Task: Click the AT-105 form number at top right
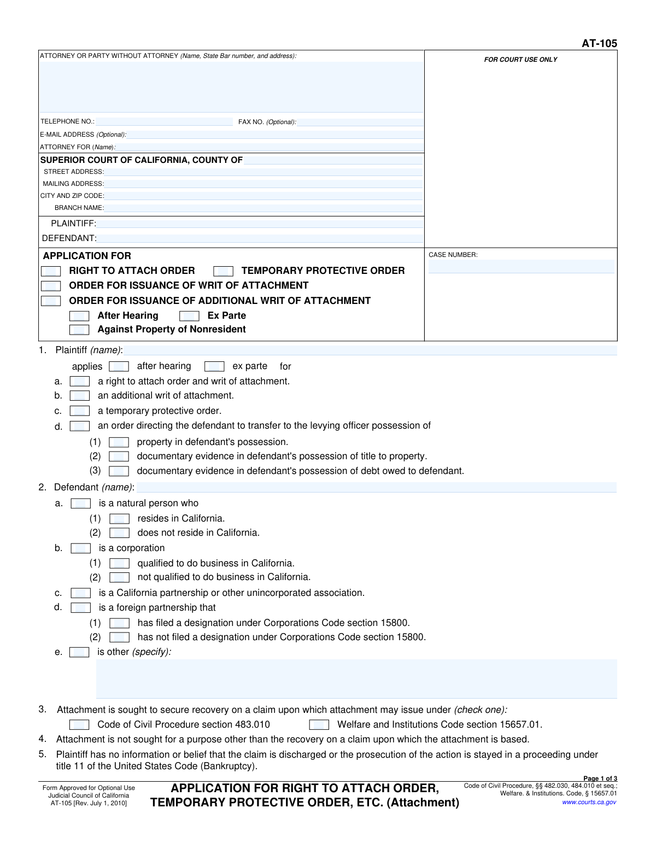click(x=599, y=43)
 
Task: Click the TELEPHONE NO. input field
click(x=164, y=121)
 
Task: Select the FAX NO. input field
click(x=360, y=122)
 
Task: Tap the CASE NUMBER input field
click(x=521, y=266)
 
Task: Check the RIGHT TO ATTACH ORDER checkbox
click(x=51, y=271)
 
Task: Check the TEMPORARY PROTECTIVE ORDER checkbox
click(x=223, y=271)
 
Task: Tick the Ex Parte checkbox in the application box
click(x=189, y=316)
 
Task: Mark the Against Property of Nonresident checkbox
click(x=79, y=330)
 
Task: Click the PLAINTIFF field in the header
click(x=260, y=223)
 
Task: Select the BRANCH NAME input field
click(x=263, y=208)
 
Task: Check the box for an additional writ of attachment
click(x=80, y=396)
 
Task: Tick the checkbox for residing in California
click(x=119, y=519)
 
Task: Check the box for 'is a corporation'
click(x=81, y=548)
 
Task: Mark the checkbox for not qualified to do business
click(x=119, y=577)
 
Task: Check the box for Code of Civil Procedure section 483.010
click(x=79, y=725)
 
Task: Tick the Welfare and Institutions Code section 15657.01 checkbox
click(x=319, y=725)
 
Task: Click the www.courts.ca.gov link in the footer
click(x=589, y=802)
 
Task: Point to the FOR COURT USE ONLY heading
click(x=520, y=60)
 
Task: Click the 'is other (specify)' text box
click(x=356, y=678)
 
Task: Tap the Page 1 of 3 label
click(x=600, y=778)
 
